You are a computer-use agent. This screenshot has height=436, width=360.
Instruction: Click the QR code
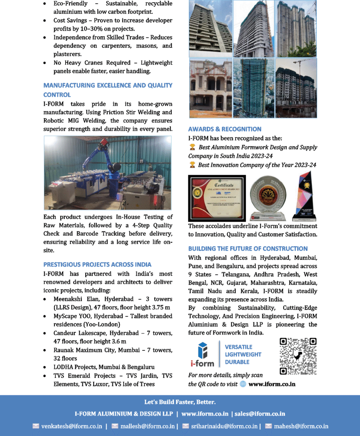[298, 356]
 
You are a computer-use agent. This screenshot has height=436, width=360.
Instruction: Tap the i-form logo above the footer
[202, 354]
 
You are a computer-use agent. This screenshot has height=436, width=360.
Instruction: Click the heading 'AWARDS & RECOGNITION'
[225, 129]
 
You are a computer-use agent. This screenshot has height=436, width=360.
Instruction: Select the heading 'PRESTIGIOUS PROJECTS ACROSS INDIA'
[97, 264]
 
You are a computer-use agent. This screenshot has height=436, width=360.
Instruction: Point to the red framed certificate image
[217, 198]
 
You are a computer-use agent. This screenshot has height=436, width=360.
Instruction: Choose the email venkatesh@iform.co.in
[72, 426]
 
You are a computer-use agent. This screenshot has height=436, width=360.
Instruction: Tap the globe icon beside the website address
[243, 384]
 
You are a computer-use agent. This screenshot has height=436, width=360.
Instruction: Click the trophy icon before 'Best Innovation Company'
[193, 165]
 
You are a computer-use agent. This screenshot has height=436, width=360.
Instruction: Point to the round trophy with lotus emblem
[268, 197]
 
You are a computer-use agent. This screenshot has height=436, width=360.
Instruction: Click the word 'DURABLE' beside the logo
[237, 362]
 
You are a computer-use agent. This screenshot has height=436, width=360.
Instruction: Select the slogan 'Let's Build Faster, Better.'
[180, 402]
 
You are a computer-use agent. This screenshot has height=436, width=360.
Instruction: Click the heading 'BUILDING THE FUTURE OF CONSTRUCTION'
[248, 249]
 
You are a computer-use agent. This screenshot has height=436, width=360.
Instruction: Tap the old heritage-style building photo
[210, 88]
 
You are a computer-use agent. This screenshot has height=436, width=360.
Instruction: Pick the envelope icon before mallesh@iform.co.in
[115, 426]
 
